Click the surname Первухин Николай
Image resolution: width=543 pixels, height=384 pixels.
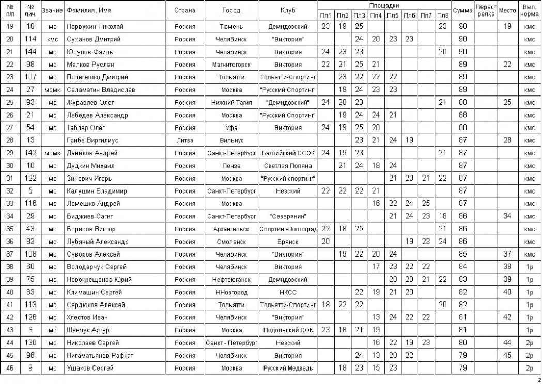point(90,26)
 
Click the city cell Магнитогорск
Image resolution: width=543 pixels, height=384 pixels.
point(231,65)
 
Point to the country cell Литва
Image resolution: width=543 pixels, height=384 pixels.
point(184,140)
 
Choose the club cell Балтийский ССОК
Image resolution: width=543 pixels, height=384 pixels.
point(288,153)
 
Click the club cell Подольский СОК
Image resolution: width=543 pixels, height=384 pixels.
point(288,330)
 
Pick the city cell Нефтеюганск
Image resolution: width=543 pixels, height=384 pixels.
point(231,279)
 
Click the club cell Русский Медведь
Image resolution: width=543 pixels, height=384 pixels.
point(288,368)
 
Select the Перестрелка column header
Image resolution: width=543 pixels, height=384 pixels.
point(486,10)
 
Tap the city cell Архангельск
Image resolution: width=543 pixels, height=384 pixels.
point(231,229)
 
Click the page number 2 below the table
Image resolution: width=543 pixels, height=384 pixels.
point(539,380)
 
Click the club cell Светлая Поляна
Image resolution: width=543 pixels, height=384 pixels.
point(288,166)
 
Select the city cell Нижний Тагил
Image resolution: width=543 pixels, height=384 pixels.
point(231,102)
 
